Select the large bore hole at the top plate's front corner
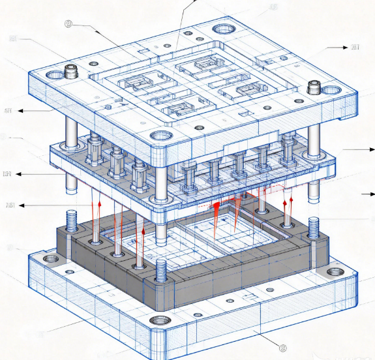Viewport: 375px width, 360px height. pos(160,137)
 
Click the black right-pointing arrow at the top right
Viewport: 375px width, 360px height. pos(337,48)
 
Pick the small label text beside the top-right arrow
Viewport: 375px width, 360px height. pos(355,47)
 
